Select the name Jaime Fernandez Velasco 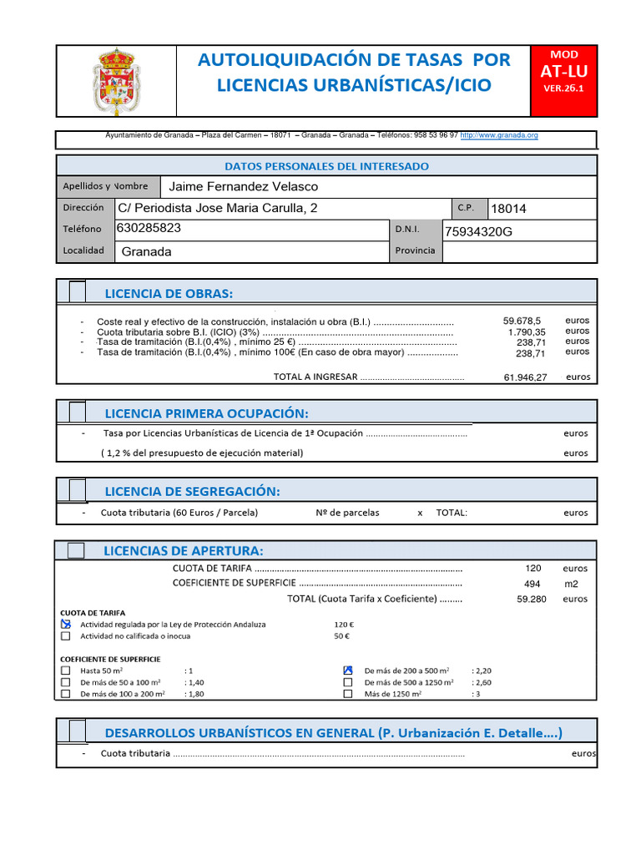[243, 186]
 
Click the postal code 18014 [508, 209]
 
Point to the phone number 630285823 [149, 228]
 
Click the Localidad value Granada [146, 251]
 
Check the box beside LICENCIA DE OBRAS [77, 291]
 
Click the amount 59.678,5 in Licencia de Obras [522, 321]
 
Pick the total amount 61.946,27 [525, 377]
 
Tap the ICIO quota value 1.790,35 [526, 331]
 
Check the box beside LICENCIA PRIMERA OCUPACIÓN [77, 412]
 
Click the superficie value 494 [532, 584]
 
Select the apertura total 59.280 [531, 599]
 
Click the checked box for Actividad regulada [66, 624]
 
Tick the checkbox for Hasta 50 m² [66, 670]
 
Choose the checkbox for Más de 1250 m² [347, 694]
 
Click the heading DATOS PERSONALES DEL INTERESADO [326, 166]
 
